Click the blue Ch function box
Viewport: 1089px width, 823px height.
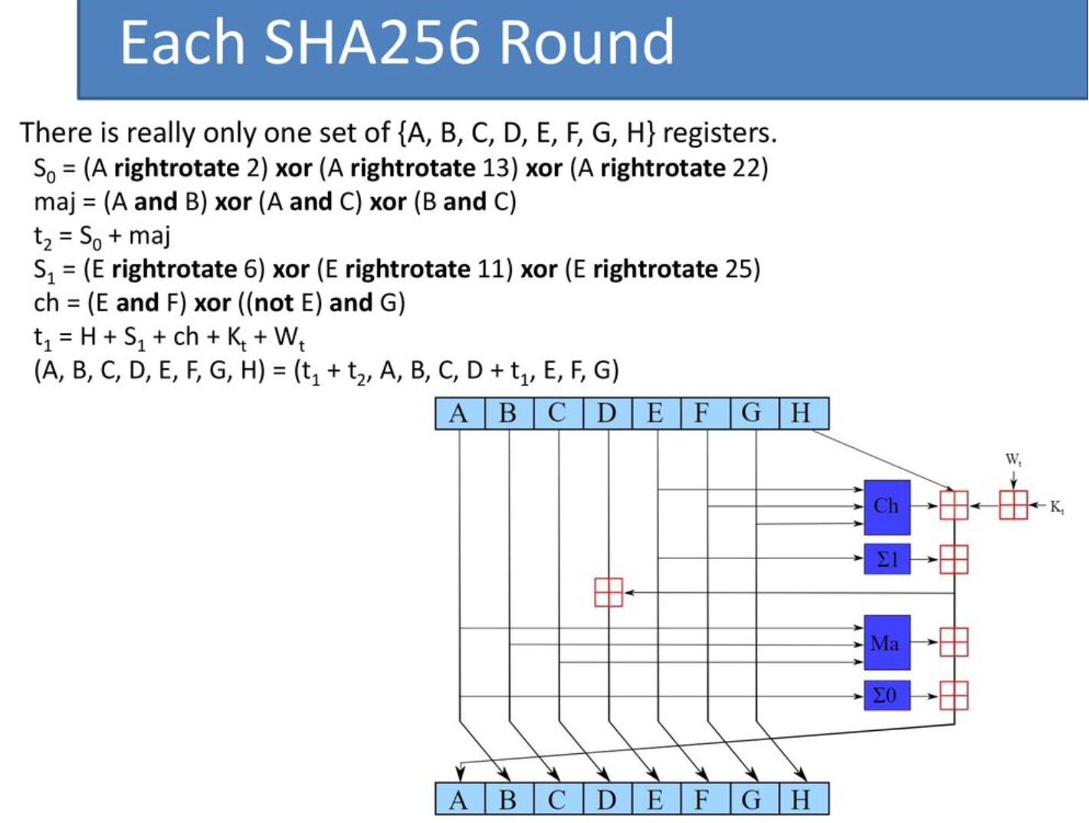(887, 507)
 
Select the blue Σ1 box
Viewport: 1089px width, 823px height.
(887, 559)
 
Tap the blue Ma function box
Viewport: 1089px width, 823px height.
(887, 643)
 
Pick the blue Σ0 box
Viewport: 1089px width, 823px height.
(887, 696)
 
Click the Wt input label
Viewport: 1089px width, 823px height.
(1013, 460)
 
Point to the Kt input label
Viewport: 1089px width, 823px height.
(1057, 507)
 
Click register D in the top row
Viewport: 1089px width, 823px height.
(607, 413)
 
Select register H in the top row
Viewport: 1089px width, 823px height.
(802, 413)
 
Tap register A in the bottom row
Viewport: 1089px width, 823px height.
(459, 800)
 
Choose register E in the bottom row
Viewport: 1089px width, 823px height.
(655, 800)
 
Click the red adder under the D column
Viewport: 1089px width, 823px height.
(608, 592)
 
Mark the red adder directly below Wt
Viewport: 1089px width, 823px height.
(1013, 505)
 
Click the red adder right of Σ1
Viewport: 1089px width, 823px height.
(953, 559)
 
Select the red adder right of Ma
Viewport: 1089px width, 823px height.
(953, 642)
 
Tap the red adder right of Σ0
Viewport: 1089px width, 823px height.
(953, 696)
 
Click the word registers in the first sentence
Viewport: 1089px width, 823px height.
(719, 133)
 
